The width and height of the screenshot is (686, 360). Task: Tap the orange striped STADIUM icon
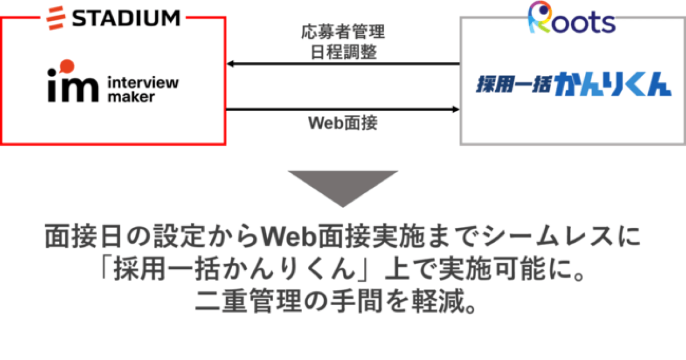55,18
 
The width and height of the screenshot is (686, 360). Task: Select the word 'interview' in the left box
143,83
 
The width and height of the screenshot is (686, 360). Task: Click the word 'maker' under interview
131,97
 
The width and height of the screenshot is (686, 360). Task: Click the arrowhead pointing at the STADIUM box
230,64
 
